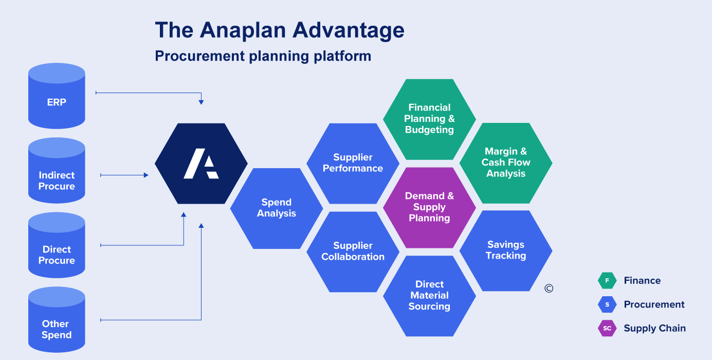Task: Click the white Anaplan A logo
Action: point(201,164)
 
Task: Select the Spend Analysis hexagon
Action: point(277,208)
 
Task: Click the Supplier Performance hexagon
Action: point(353,163)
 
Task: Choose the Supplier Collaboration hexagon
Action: point(353,251)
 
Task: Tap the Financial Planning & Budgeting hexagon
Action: point(429,119)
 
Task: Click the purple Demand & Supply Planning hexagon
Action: point(429,207)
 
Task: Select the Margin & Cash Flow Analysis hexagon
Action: point(506,163)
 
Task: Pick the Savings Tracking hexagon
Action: point(506,250)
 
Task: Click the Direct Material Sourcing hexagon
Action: point(429,296)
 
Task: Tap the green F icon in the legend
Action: point(607,281)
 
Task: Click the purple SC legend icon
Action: point(607,328)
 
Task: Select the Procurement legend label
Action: point(654,304)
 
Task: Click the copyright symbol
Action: point(549,289)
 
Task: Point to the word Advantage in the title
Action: point(348,30)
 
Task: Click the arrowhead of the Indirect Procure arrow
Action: point(145,175)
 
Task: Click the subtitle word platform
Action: point(343,56)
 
